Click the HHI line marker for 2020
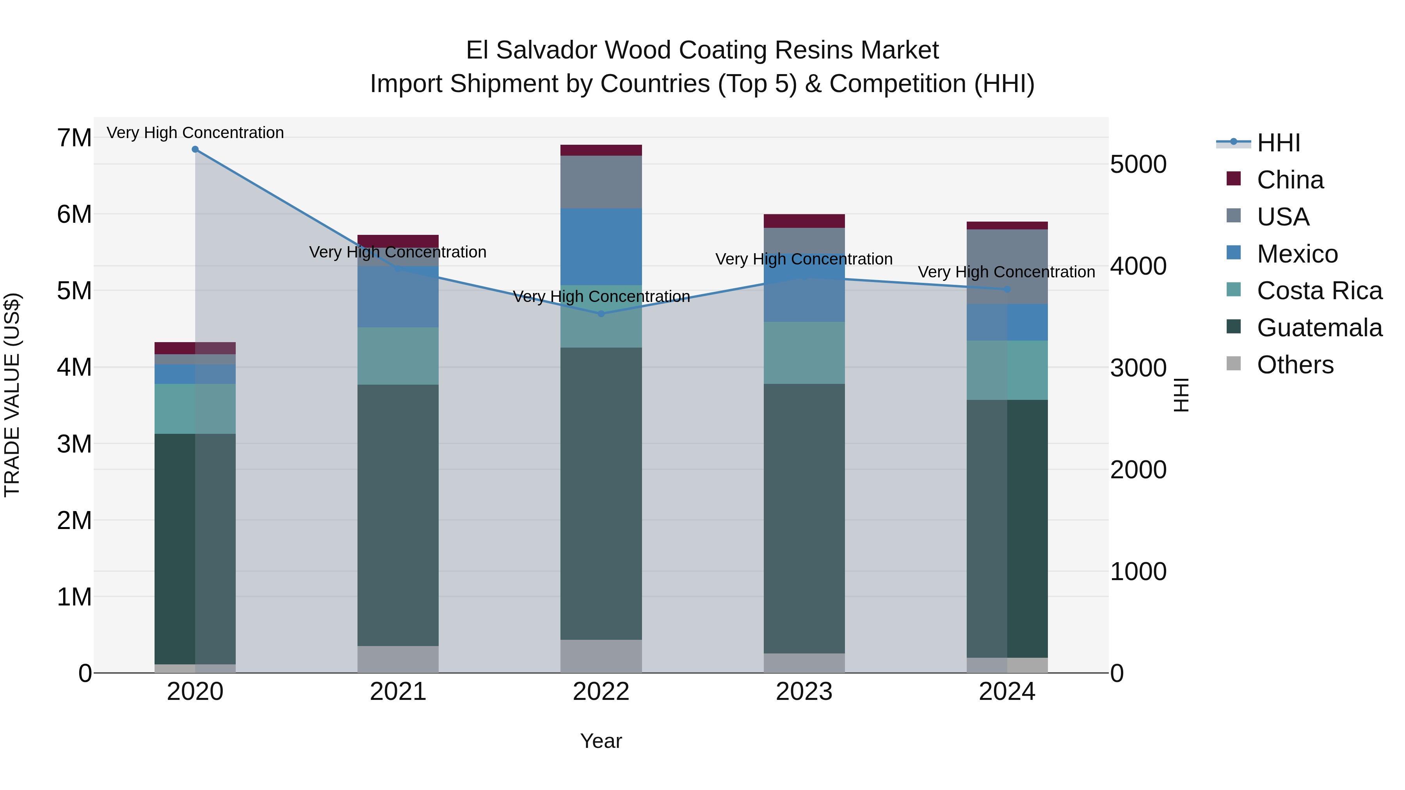click(x=195, y=149)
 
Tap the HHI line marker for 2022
click(x=601, y=314)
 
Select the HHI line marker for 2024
click(x=1007, y=289)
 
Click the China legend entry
click(x=1290, y=180)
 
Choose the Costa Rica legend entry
click(x=1319, y=291)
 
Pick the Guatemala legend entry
click(x=1319, y=328)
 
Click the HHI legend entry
click(x=1278, y=143)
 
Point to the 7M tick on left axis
click(x=74, y=138)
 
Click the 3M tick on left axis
click(x=74, y=444)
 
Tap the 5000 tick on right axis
click(x=1138, y=165)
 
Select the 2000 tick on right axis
click(x=1138, y=470)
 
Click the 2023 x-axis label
click(x=804, y=692)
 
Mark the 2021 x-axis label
click(x=398, y=692)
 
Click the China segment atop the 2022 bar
click(x=601, y=151)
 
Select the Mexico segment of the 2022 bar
click(x=601, y=247)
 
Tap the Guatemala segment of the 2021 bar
click(x=398, y=515)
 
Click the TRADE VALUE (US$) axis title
click(x=12, y=395)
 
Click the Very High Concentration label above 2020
click(x=195, y=133)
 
